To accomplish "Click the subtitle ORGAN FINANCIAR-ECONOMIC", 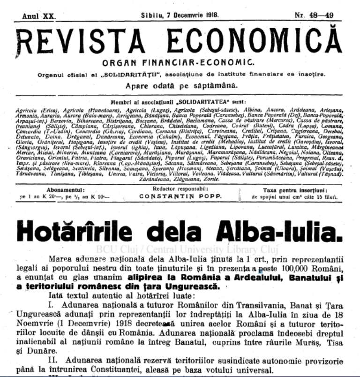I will tap(180, 62).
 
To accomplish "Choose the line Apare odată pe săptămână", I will tap(181, 85).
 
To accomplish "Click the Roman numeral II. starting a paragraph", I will tap(55, 362).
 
